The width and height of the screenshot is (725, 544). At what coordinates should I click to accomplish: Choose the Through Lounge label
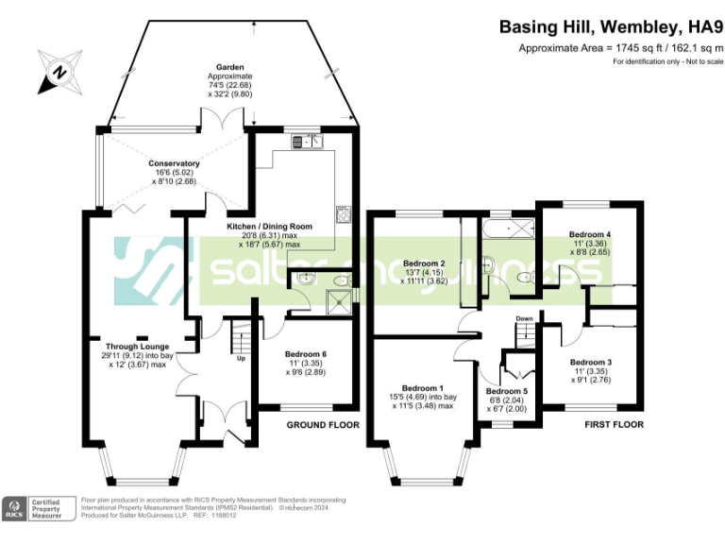tap(137, 346)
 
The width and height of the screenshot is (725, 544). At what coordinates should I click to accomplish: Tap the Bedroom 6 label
tap(306, 355)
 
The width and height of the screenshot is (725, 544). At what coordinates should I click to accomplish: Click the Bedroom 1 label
tap(423, 388)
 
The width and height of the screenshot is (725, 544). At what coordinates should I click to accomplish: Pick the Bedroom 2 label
tap(423, 263)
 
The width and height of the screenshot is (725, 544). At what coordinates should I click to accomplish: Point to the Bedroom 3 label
tap(591, 362)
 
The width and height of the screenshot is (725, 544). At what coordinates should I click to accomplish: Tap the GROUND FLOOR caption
tap(323, 425)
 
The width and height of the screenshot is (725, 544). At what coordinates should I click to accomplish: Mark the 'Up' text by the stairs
tap(241, 358)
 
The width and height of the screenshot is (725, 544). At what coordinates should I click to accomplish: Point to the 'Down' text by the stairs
tap(525, 319)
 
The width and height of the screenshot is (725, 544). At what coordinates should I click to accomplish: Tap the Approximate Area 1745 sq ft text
tap(620, 48)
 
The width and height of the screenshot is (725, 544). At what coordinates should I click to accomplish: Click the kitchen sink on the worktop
tap(308, 143)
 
